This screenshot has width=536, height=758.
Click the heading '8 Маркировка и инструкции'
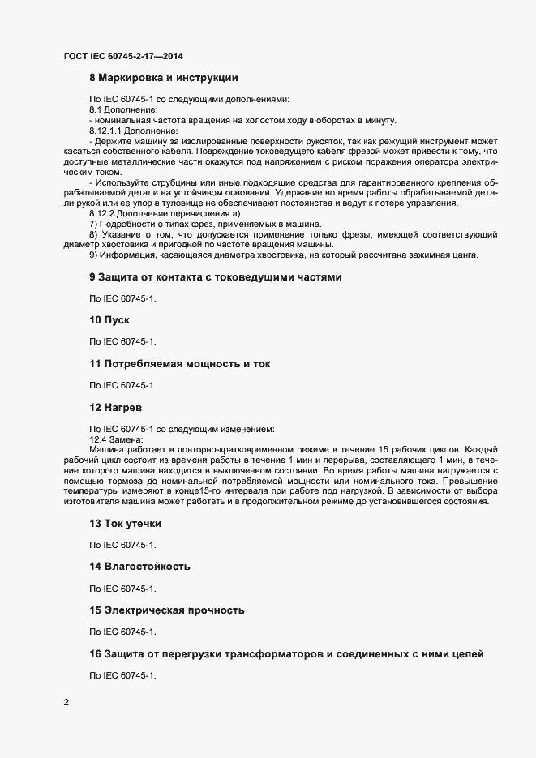pyautogui.click(x=163, y=79)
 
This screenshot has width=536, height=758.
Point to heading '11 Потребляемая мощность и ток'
pyautogui.click(x=180, y=364)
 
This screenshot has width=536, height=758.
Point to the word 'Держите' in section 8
pyautogui.click(x=113, y=140)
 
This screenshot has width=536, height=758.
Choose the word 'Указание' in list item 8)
pyautogui.click(x=124, y=234)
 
